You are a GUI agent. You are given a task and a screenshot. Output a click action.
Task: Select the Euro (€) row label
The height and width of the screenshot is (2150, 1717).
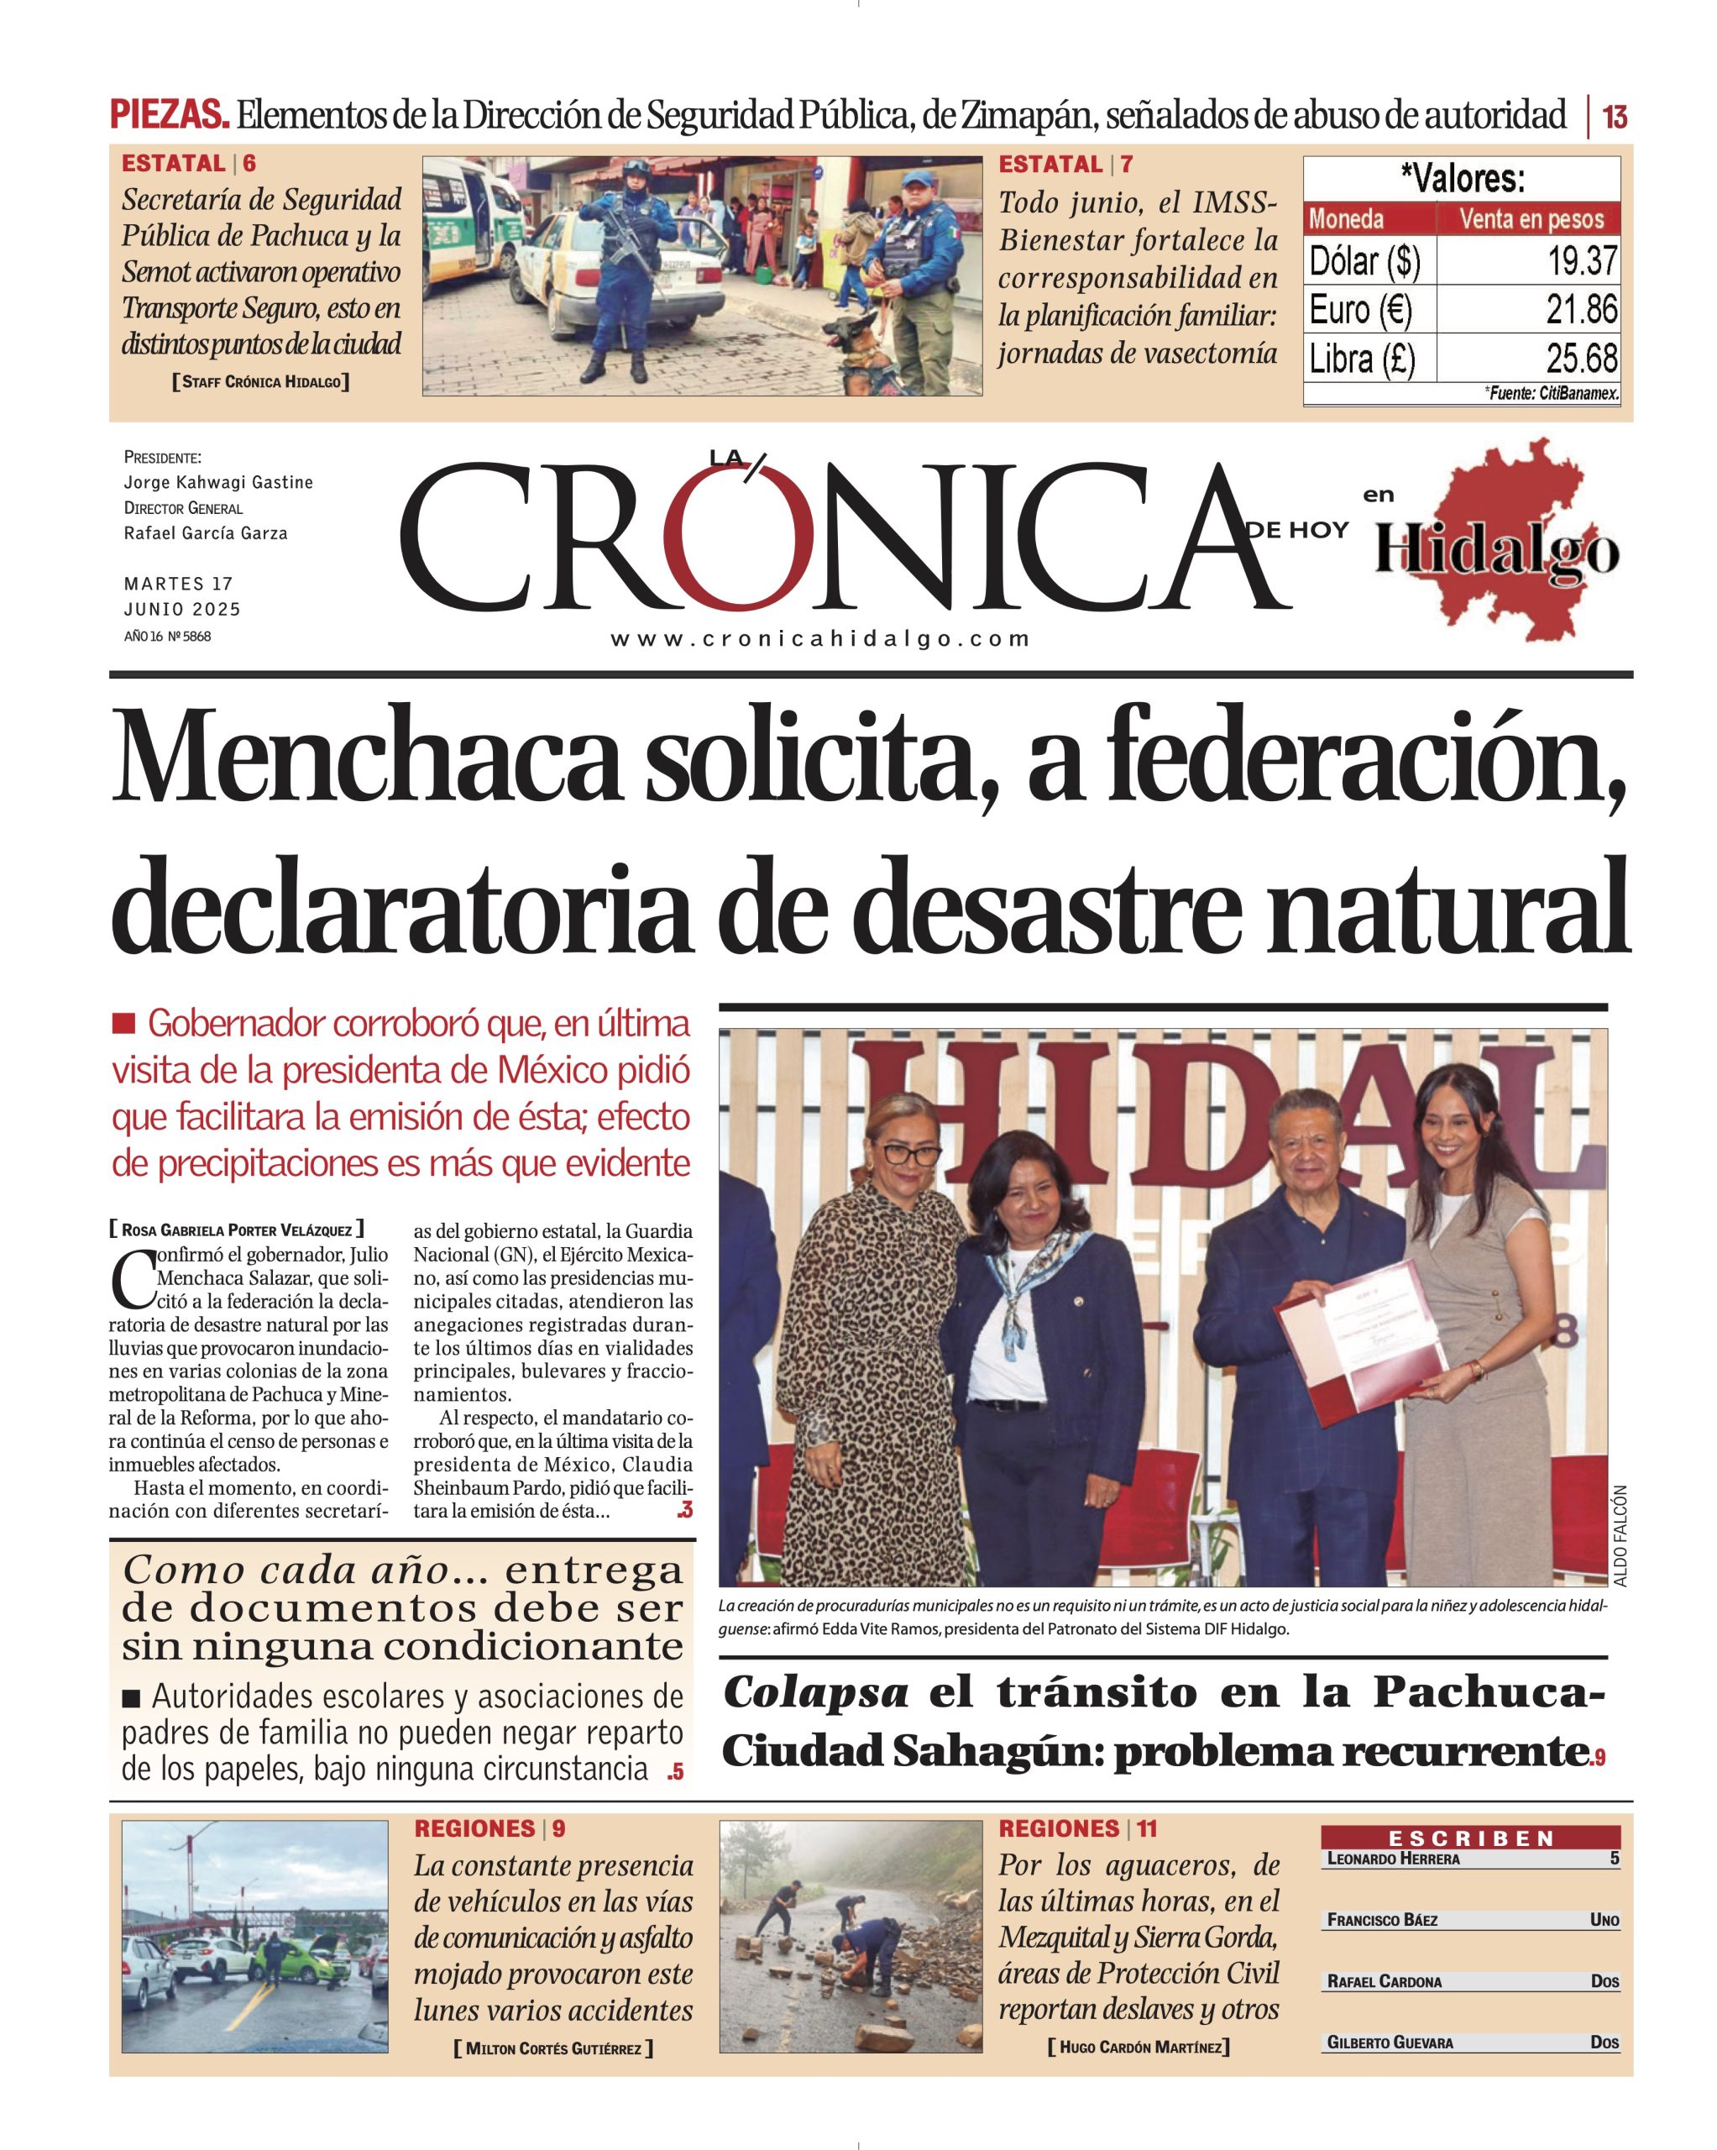[x=1360, y=310]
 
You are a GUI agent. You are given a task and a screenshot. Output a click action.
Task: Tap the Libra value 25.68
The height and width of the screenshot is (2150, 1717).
[x=1580, y=358]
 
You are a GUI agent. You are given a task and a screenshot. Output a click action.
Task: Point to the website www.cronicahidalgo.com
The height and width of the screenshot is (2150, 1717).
[x=819, y=639]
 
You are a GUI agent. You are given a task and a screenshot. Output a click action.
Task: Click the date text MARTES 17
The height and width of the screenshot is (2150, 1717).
[x=179, y=584]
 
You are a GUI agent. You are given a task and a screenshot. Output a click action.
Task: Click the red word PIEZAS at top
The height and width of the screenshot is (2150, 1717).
[x=169, y=115]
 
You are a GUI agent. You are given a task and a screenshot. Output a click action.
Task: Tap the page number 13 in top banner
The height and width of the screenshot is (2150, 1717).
[x=1615, y=118]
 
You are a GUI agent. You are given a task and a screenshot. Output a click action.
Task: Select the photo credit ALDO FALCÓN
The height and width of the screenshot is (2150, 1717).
[x=1620, y=1536]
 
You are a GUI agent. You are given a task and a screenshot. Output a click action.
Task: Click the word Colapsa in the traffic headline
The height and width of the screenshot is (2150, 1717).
[x=815, y=1692]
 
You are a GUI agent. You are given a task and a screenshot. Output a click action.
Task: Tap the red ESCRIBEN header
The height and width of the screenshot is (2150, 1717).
[x=1471, y=1837]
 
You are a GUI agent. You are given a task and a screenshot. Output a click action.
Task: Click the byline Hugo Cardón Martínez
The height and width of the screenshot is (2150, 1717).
[x=1139, y=2048]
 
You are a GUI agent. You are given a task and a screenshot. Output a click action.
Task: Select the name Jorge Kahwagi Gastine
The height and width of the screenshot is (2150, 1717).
[x=218, y=483]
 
